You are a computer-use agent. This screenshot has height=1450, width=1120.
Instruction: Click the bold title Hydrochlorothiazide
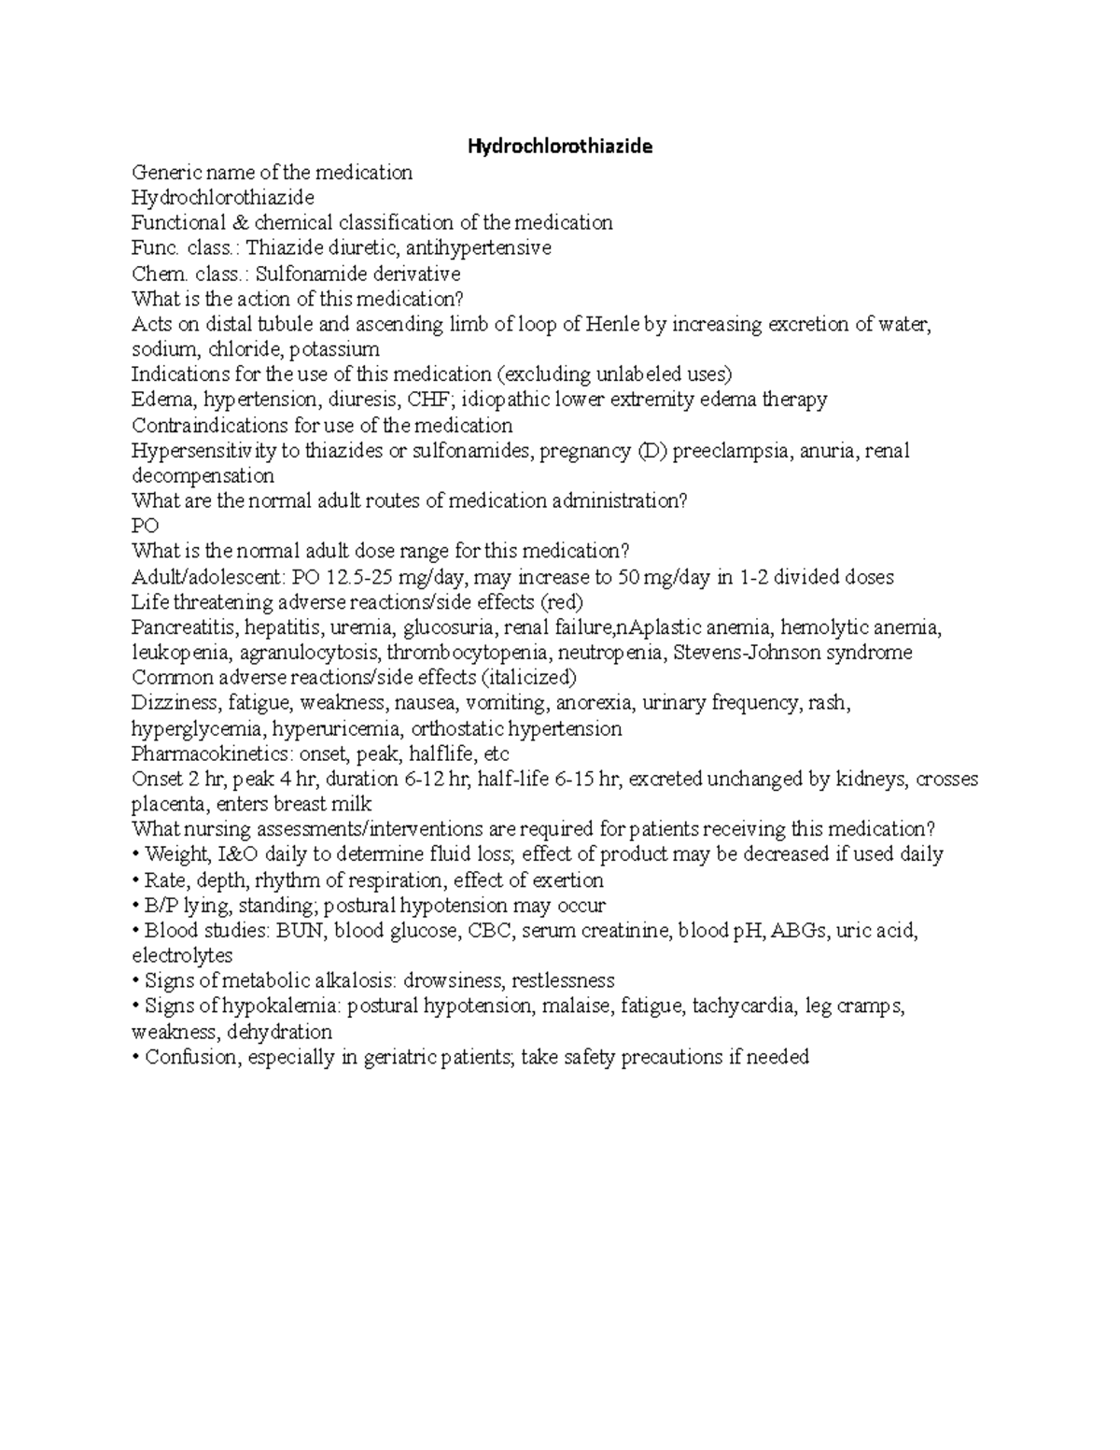(x=560, y=147)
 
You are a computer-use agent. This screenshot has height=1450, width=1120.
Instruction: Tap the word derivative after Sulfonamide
(x=416, y=274)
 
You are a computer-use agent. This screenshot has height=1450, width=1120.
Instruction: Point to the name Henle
(x=612, y=324)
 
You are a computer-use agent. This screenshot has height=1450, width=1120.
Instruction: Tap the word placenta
(x=164, y=804)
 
